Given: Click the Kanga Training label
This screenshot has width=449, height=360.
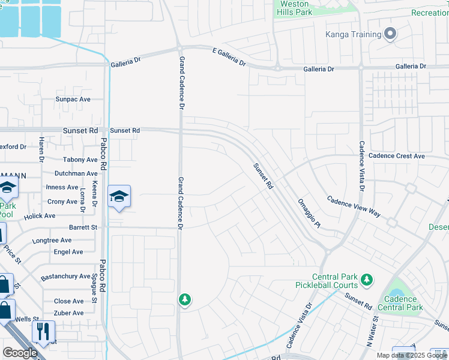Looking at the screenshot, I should tap(353, 35).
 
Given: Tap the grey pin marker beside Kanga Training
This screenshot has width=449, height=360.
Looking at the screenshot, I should tap(391, 34).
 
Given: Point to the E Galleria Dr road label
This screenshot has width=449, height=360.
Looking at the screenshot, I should tap(229, 58).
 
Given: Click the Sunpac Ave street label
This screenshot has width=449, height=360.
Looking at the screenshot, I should tap(73, 99).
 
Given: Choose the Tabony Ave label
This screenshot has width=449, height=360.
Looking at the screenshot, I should tap(80, 160).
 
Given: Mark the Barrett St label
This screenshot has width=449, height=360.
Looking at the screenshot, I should tap(83, 227).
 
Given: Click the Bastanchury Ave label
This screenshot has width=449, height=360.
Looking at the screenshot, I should tap(65, 277).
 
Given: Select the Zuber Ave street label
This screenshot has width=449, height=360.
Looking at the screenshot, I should tap(69, 313).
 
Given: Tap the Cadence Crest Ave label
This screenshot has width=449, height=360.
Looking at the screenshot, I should tap(397, 156).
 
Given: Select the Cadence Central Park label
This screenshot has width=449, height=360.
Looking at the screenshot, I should tap(400, 304).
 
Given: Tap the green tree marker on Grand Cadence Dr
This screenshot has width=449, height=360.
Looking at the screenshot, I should tap(185, 299).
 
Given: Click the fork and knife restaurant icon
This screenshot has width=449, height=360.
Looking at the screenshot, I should tap(43, 331).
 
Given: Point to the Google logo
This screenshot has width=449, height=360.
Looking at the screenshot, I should tap(20, 353).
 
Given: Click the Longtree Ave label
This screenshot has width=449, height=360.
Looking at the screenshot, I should tap(52, 240).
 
